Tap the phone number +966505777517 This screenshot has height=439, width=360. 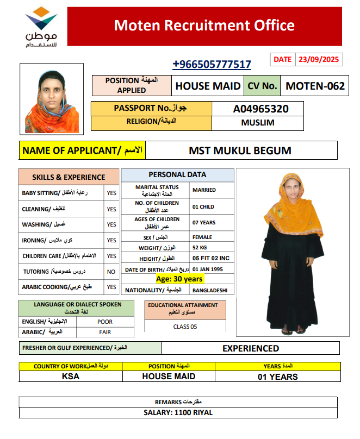coord(212,65)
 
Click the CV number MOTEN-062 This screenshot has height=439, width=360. coord(315,85)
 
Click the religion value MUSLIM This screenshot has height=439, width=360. coord(257,123)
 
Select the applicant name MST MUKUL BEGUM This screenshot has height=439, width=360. coord(240,150)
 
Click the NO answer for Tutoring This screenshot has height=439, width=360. coord(111,271)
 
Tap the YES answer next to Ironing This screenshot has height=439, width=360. coord(111,240)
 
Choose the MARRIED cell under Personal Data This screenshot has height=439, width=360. coord(204,190)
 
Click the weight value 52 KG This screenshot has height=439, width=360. coord(200,248)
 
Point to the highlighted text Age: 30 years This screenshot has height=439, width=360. coord(179,279)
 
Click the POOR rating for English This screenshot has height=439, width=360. coord(105,322)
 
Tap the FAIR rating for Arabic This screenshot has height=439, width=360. coord(105,331)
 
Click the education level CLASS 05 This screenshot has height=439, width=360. coord(185,327)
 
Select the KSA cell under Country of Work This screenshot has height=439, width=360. coord(71,377)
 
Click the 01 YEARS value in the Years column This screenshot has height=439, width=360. coord(277,377)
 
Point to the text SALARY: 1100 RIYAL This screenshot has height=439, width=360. coord(178,412)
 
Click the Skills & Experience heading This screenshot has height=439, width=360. coord(69,177)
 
